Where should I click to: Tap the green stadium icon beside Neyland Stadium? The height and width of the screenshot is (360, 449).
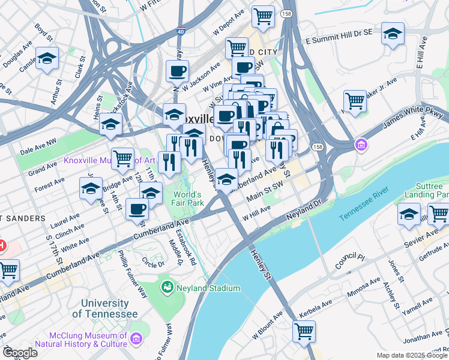click(166, 288)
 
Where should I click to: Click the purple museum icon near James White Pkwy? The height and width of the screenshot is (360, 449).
click(360, 145)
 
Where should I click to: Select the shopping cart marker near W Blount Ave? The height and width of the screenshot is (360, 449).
click(304, 330)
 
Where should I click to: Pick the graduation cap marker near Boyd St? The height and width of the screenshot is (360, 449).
click(47, 59)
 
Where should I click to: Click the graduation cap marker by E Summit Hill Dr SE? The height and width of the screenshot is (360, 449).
click(393, 34)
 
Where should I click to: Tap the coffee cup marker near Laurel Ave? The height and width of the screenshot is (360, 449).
click(137, 209)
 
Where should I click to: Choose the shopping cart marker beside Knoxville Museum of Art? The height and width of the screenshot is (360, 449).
click(122, 159)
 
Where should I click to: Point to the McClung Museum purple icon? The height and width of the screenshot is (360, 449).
click(136, 340)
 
